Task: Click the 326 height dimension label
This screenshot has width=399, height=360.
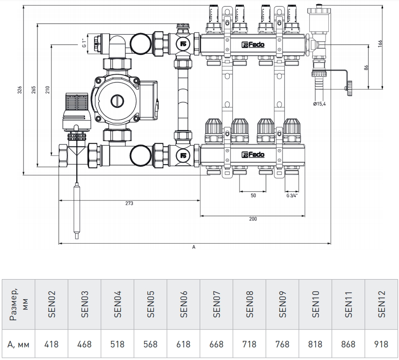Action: coord(20,90)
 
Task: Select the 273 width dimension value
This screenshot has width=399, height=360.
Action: coord(129,203)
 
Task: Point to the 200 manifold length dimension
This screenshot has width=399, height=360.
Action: coord(253,219)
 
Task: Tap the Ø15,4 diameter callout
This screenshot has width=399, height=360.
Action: coord(319,104)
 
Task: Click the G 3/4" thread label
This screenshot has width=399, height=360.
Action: coord(292,195)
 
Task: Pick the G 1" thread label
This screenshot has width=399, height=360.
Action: coord(84,43)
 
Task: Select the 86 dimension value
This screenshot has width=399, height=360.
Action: coord(366,68)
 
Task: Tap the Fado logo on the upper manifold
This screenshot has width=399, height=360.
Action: coord(253,45)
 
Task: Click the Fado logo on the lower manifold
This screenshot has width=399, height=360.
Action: coord(253,155)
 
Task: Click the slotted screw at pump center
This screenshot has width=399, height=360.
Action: coord(117,101)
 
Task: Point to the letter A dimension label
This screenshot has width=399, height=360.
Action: coord(194,247)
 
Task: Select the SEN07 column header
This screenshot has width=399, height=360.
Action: coord(217,304)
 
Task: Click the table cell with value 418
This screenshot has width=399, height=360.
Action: coord(51,344)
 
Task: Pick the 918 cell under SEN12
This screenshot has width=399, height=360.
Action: coord(381,344)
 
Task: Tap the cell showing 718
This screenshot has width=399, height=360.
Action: coord(249,344)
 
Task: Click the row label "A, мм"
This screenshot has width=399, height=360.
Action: coord(18,345)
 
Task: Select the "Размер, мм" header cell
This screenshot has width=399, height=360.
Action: coord(18,304)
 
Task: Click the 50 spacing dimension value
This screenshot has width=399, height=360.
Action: coord(253,195)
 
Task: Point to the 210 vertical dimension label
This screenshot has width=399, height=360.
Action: coord(48,90)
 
